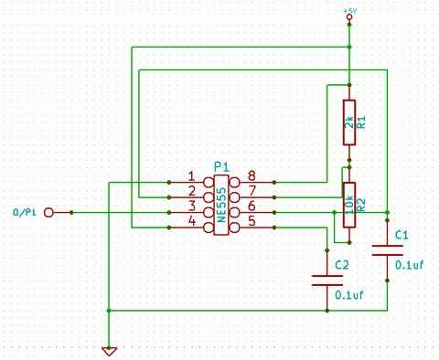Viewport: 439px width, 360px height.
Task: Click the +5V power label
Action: tap(348, 11)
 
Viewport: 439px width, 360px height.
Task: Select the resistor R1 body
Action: tap(348, 122)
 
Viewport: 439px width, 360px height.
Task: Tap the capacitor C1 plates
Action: tap(387, 249)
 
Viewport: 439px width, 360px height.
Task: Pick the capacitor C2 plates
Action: tap(321, 280)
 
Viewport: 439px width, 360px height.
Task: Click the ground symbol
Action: tap(109, 349)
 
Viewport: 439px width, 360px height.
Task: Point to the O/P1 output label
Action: tap(26, 212)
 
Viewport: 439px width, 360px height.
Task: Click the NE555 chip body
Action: tap(221, 205)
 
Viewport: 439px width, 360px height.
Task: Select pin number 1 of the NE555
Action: tap(191, 176)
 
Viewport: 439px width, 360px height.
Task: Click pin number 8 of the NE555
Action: tap(251, 176)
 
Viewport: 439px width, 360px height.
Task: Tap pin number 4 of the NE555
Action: tap(191, 220)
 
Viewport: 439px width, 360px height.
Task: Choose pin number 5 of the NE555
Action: tap(251, 220)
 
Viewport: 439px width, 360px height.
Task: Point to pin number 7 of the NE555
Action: tap(251, 191)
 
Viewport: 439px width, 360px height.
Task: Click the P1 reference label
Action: tap(220, 165)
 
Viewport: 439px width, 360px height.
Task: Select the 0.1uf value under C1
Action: tap(409, 265)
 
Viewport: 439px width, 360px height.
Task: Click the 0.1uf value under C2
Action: tap(349, 295)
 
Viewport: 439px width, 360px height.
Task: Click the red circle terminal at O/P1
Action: tap(49, 212)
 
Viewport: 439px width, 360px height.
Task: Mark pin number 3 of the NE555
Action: tap(191, 206)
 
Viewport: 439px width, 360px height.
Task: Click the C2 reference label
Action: tap(341, 264)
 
